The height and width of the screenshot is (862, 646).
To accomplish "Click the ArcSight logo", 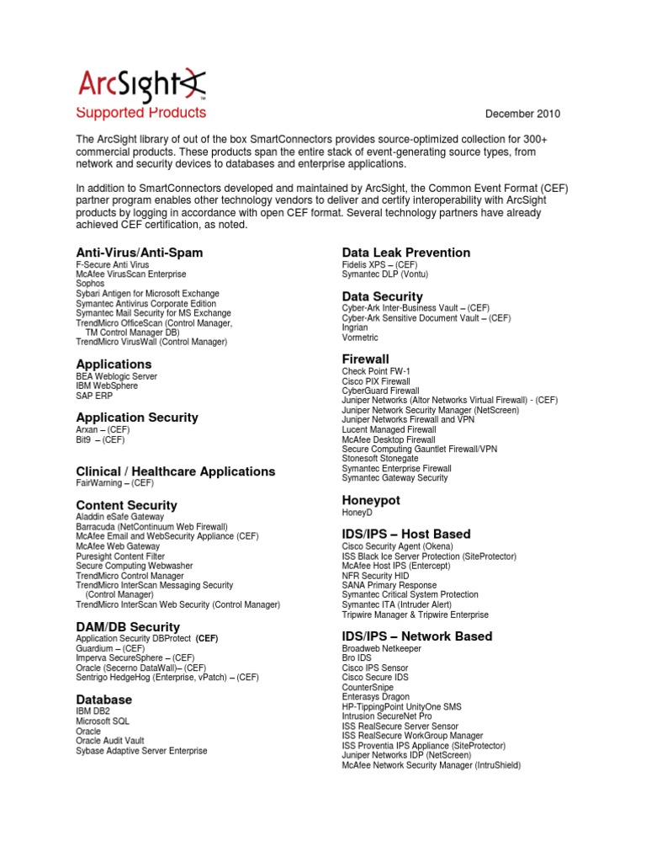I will (x=141, y=85).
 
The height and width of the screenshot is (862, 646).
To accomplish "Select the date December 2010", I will (x=523, y=114).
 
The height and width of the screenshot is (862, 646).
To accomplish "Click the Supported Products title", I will (x=140, y=113).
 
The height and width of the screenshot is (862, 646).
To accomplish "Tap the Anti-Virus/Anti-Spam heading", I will (x=139, y=253).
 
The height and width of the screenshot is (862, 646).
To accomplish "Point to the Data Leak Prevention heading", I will (x=405, y=253).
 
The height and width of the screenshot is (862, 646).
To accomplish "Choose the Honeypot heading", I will (x=371, y=500).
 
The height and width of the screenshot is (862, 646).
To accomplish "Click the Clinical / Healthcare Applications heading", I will (x=175, y=471).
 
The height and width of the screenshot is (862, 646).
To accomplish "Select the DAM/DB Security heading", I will (x=128, y=626).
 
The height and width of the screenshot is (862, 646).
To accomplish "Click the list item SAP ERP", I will (x=95, y=396).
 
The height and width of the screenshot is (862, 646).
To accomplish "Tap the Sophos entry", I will (x=90, y=285).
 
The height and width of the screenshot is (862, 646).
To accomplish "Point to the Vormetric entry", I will (x=360, y=338).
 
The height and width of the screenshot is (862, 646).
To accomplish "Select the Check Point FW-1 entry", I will (x=376, y=371).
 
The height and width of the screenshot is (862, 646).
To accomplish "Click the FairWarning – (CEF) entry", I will (x=114, y=484).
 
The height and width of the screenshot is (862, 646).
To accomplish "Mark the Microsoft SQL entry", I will (x=104, y=722).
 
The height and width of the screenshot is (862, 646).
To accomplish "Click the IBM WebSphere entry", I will (x=108, y=386).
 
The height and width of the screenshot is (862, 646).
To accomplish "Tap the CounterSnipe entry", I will (x=367, y=688).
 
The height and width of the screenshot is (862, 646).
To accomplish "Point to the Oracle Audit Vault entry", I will (x=109, y=742).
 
